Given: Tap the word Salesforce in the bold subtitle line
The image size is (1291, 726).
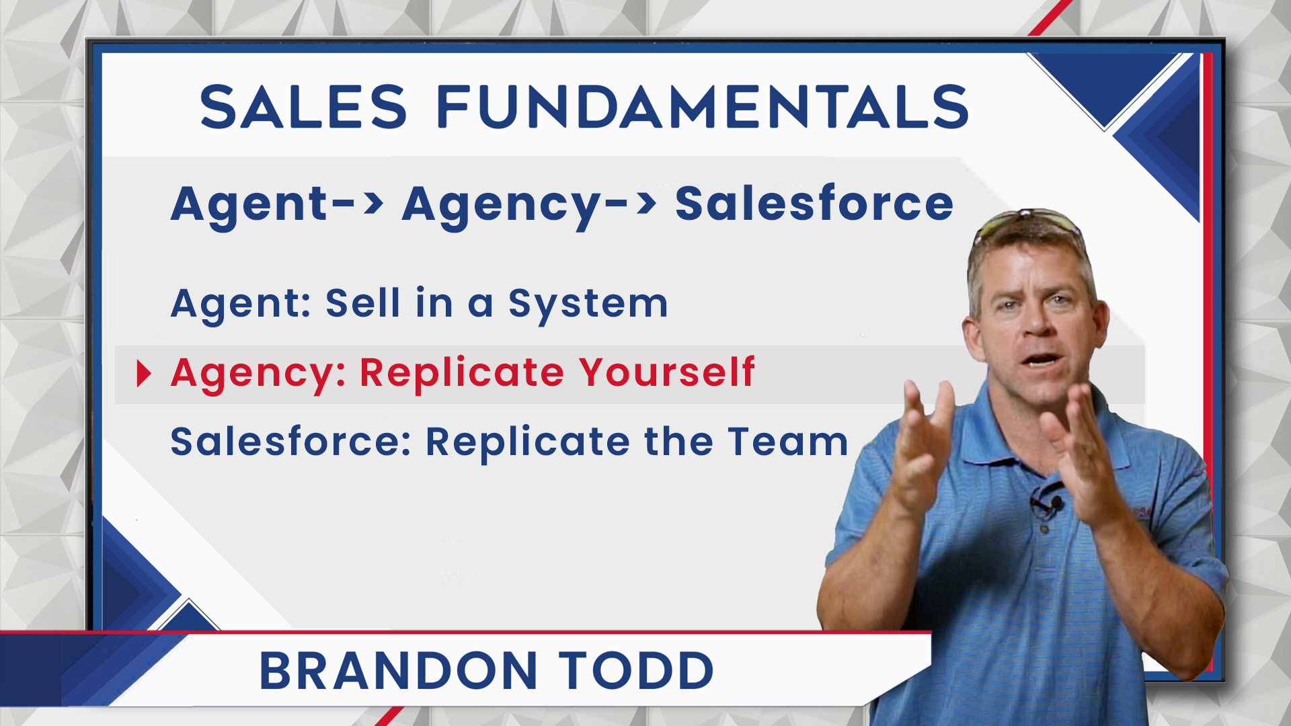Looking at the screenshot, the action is pos(814,203).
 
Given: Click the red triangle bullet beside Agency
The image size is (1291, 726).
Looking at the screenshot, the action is pos(144,374).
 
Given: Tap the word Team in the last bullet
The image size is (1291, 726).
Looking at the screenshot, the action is pos(788,442).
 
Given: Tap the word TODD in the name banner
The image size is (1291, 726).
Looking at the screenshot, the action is pos(636,671).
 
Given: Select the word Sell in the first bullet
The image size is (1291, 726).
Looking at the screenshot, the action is pos(363,303).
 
